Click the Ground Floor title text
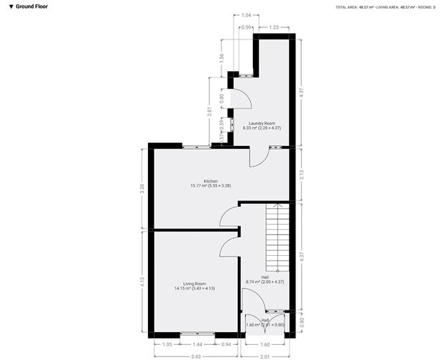[31, 6]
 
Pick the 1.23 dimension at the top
[274, 27]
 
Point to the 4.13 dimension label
[142, 282]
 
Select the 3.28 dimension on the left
[142, 188]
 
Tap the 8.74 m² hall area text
[265, 282]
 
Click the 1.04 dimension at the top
[247, 15]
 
